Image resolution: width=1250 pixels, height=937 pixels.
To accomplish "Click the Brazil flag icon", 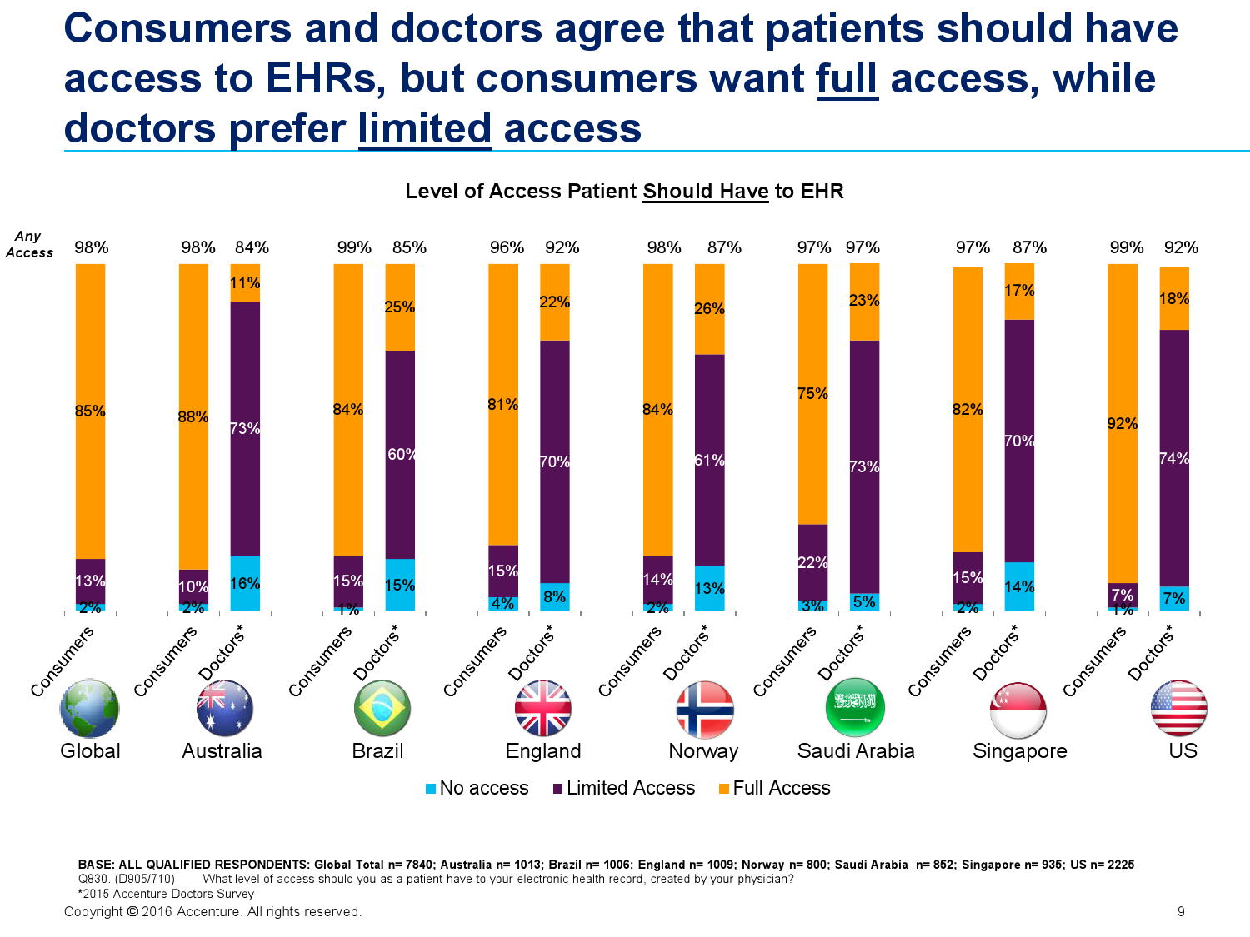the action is pyautogui.click(x=382, y=708).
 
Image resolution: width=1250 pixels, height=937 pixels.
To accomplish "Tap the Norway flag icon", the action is pyautogui.click(x=704, y=709).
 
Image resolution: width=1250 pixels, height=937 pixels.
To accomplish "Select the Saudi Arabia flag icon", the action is pyautogui.click(x=854, y=707).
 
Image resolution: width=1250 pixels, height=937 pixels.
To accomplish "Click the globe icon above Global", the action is pyautogui.click(x=89, y=707).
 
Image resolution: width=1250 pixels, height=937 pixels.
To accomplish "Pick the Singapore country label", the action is pyautogui.click(x=1019, y=751).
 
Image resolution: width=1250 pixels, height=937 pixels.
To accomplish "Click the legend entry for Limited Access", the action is pyautogui.click(x=623, y=787).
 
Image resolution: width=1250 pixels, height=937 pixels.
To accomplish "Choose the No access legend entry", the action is pyautogui.click(x=477, y=787).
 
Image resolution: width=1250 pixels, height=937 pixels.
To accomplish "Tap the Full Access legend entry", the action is pyautogui.click(x=774, y=787).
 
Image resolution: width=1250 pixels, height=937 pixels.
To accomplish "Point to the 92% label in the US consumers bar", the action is pyautogui.click(x=1122, y=423).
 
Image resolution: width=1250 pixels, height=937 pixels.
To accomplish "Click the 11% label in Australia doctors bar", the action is pyautogui.click(x=245, y=282).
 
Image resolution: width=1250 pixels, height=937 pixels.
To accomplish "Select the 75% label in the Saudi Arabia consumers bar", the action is pyautogui.click(x=812, y=392).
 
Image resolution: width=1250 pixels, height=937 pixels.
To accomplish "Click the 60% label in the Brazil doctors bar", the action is pyautogui.click(x=401, y=453).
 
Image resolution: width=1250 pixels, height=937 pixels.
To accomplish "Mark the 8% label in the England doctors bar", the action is pyautogui.click(x=554, y=596).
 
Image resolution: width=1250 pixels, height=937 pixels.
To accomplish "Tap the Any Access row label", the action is pyautogui.click(x=29, y=244).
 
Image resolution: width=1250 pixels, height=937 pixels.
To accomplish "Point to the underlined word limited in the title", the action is pyautogui.click(x=424, y=128).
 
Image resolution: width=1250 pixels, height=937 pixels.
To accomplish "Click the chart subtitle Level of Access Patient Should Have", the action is pyautogui.click(x=587, y=191).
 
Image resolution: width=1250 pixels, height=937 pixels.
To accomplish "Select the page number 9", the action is pyautogui.click(x=1181, y=911).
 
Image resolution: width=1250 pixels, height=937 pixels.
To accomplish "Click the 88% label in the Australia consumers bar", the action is pyautogui.click(x=193, y=416).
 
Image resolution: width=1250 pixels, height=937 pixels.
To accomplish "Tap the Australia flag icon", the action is pyautogui.click(x=224, y=708).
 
